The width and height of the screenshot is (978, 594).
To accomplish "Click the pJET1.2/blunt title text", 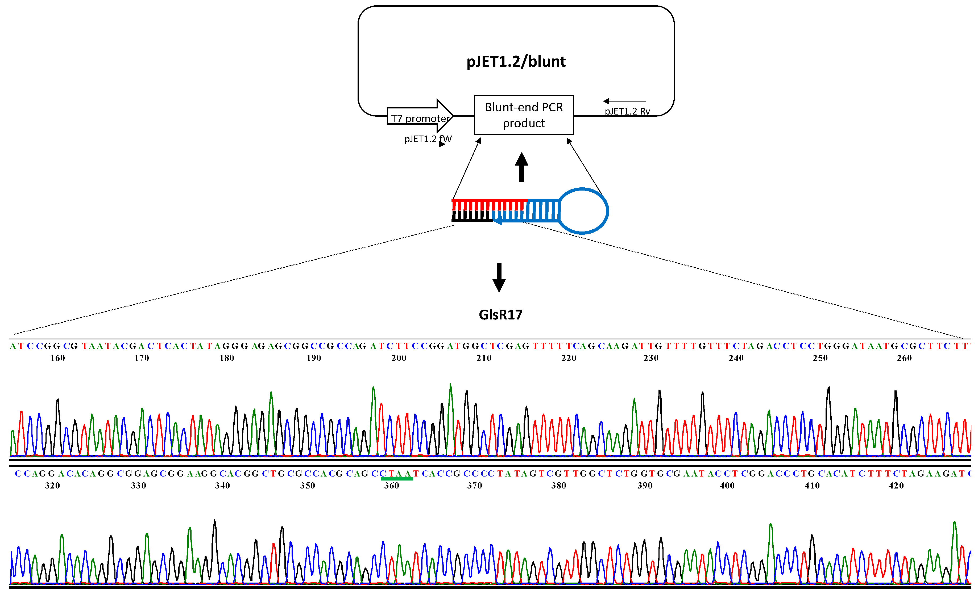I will point(516,61).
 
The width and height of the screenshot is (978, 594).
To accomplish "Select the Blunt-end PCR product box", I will point(524,115).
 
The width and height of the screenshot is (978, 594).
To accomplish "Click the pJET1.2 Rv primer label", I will point(627,111).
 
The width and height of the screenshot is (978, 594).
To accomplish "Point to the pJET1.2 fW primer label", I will point(428,139).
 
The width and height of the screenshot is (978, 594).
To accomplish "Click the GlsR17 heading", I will point(500,314).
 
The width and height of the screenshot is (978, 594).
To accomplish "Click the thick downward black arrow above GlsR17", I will point(499,277).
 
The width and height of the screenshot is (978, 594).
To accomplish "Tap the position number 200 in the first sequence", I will point(399,358).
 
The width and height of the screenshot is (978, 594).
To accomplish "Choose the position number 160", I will point(57,358).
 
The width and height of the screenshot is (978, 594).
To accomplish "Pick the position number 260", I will point(904,358).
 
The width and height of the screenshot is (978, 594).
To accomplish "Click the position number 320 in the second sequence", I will point(52,485).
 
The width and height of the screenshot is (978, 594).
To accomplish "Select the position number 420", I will point(896,485).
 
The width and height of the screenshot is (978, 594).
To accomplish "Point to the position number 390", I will point(645,485).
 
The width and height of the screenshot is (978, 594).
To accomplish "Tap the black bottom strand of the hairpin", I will point(471,220).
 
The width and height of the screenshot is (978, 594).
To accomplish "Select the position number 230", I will point(651,358).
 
